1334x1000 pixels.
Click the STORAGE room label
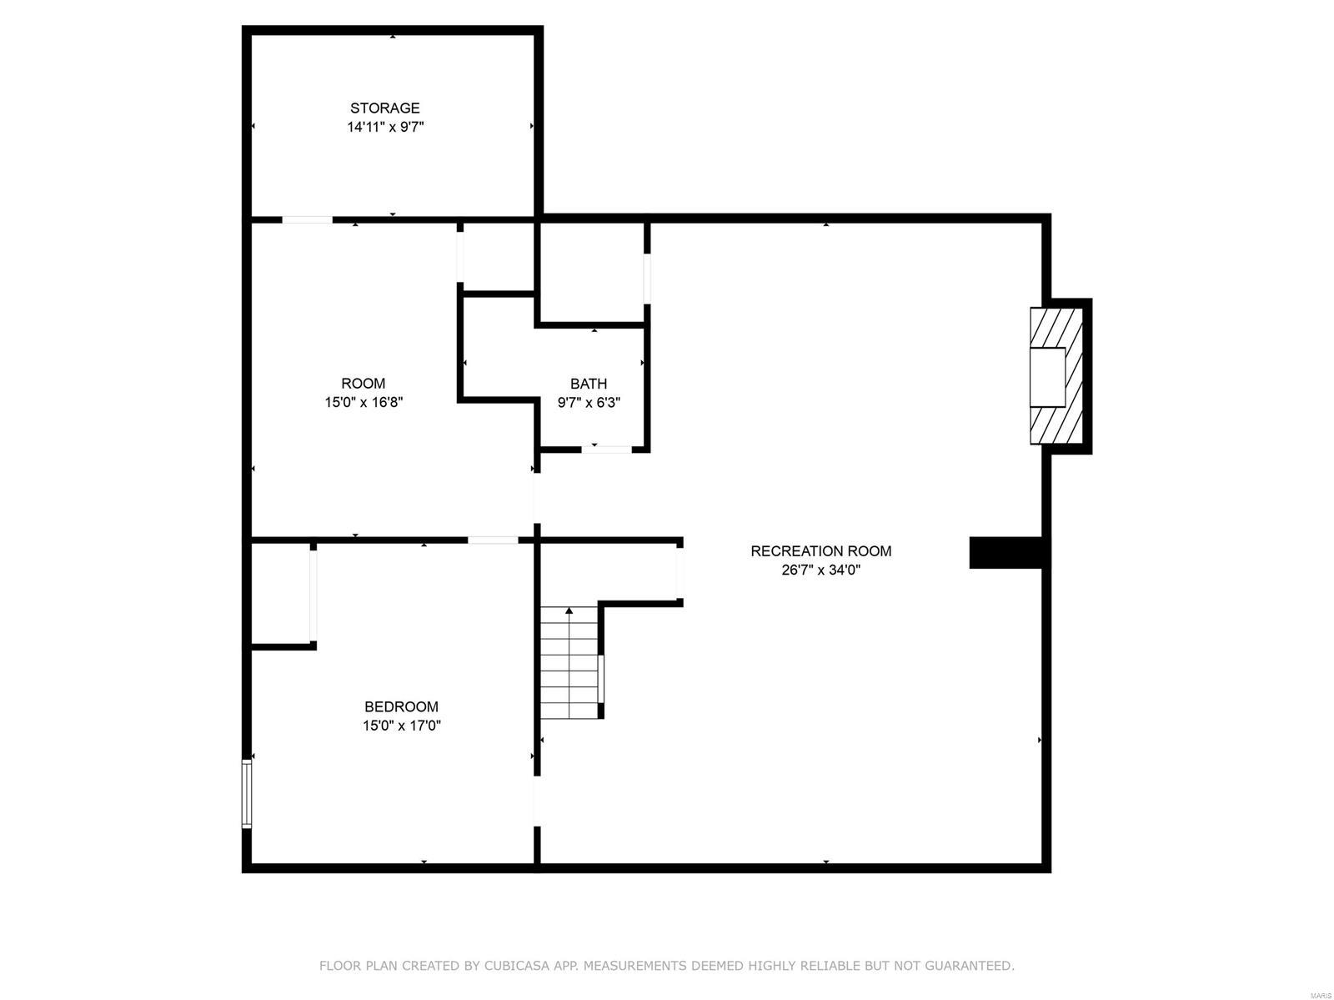click(x=384, y=108)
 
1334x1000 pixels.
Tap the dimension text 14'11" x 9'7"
click(x=385, y=127)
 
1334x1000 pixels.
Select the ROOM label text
click(x=363, y=383)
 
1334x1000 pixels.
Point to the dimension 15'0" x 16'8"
click(x=364, y=402)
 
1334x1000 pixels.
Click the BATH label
click(x=589, y=384)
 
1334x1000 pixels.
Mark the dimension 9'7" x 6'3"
click(x=589, y=402)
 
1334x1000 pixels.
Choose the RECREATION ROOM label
click(x=820, y=550)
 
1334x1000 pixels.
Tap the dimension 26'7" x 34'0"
click(x=820, y=570)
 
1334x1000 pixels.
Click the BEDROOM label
click(x=401, y=706)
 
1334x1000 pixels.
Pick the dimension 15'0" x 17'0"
click(x=401, y=726)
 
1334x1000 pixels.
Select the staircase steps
click(x=569, y=667)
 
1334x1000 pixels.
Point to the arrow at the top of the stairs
click(x=569, y=611)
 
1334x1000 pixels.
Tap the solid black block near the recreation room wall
click(x=1006, y=553)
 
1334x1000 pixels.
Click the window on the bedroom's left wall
click(x=247, y=792)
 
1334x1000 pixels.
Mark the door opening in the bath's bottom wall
click(x=606, y=450)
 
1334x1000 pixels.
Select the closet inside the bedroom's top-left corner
click(x=280, y=594)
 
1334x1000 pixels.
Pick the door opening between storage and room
click(x=307, y=220)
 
